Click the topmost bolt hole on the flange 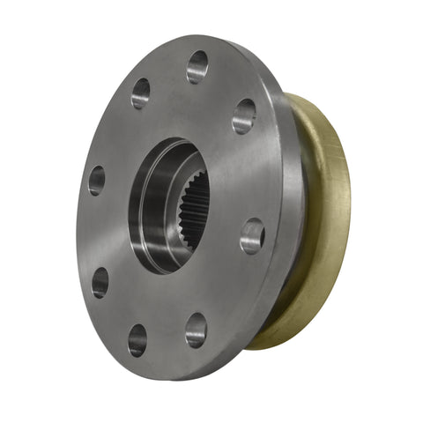pos(197,66)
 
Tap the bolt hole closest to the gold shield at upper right pos(244,115)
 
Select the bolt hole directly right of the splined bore pos(252,235)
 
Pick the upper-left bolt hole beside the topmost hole pos(141,93)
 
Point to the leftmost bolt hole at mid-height pos(96,180)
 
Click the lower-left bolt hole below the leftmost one pos(100,282)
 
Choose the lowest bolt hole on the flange pos(137,339)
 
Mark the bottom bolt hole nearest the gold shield pos(196,330)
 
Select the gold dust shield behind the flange pos(326,220)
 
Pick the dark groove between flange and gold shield pos(298,220)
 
